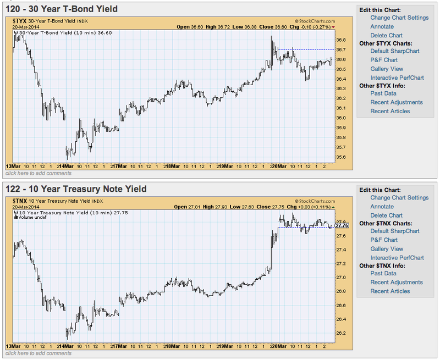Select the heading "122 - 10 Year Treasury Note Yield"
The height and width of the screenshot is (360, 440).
pos(76,189)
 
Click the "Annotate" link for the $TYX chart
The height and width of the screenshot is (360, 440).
pos(382,26)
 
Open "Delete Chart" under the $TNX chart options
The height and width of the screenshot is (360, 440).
pos(387,215)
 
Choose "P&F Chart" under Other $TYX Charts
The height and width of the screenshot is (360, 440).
pos(384,60)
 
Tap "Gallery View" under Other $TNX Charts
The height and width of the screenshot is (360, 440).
pos(387,249)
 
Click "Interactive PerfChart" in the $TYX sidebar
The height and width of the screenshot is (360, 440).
pos(397,77)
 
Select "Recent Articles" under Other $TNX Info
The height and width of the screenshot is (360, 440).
pos(390,291)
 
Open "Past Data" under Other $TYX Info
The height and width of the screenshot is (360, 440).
pos(384,93)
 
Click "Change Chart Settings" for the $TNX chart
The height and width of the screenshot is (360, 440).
pos(399,198)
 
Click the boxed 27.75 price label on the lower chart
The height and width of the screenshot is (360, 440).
pos(342,225)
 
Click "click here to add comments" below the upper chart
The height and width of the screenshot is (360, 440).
pos(38,173)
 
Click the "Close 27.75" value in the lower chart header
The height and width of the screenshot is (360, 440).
pos(269,207)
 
